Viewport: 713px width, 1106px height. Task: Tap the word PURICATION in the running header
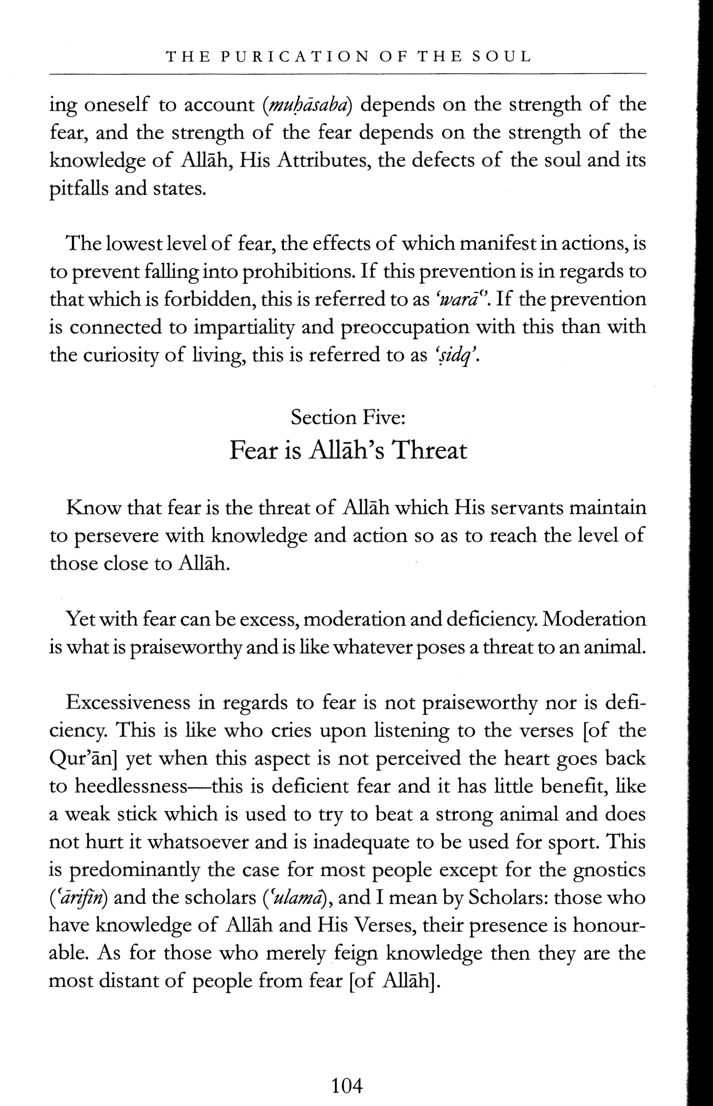click(x=290, y=57)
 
